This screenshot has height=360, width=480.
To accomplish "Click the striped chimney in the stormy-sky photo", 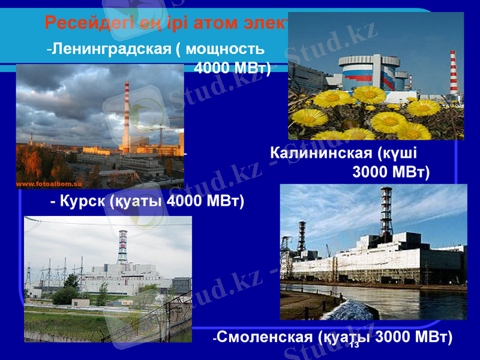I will (x=126, y=117).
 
